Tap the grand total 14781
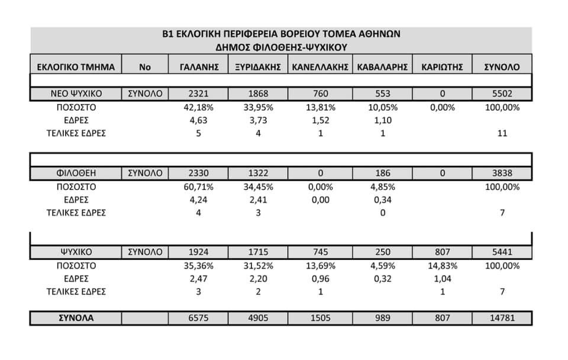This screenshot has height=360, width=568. pos(502,318)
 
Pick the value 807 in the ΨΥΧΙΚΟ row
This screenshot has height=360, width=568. pos(441,253)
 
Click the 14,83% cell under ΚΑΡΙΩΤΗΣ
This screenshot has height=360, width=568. pos(441,266)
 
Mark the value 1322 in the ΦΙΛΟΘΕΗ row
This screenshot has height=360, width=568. pos(257,173)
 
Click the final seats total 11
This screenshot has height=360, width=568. pos(502,133)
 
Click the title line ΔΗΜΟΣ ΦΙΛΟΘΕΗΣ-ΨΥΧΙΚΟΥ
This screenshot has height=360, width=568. pos(281,46)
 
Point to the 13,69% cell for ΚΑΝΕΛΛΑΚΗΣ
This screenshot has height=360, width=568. pos(319,266)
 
